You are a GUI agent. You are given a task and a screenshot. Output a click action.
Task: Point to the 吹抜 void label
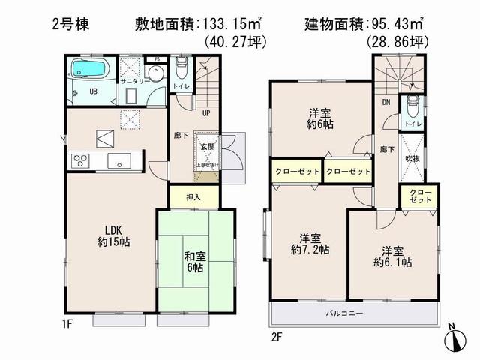411,159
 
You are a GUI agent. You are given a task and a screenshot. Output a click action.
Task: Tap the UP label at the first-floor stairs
204,114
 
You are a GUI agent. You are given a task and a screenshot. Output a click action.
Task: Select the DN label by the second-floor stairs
385,103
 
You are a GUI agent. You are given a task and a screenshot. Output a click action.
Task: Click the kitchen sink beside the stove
118,160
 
